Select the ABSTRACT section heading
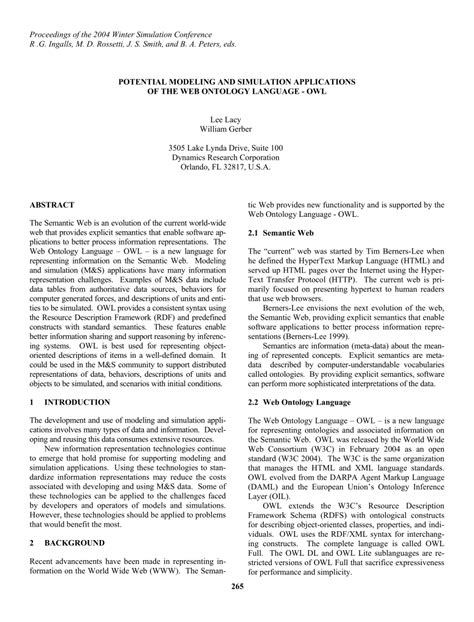tap(57, 202)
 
